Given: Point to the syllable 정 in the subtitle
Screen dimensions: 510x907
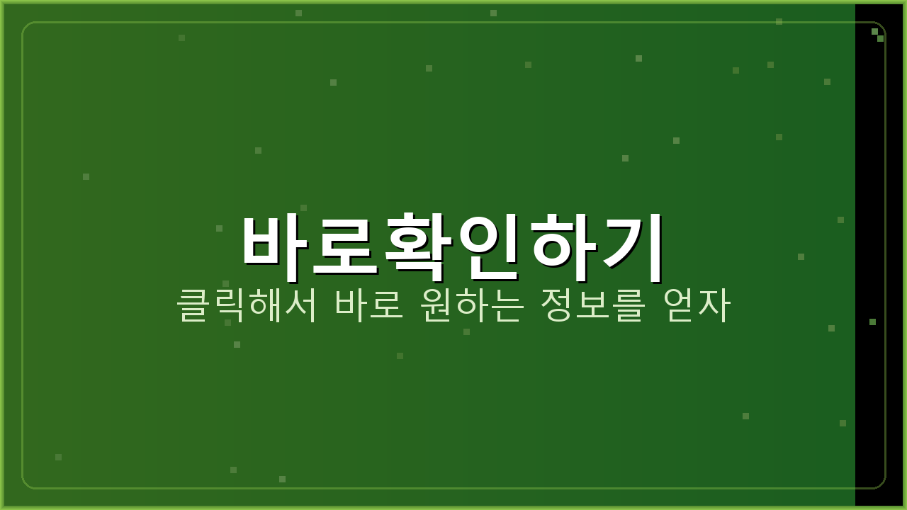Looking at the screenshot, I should coord(557,305).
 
